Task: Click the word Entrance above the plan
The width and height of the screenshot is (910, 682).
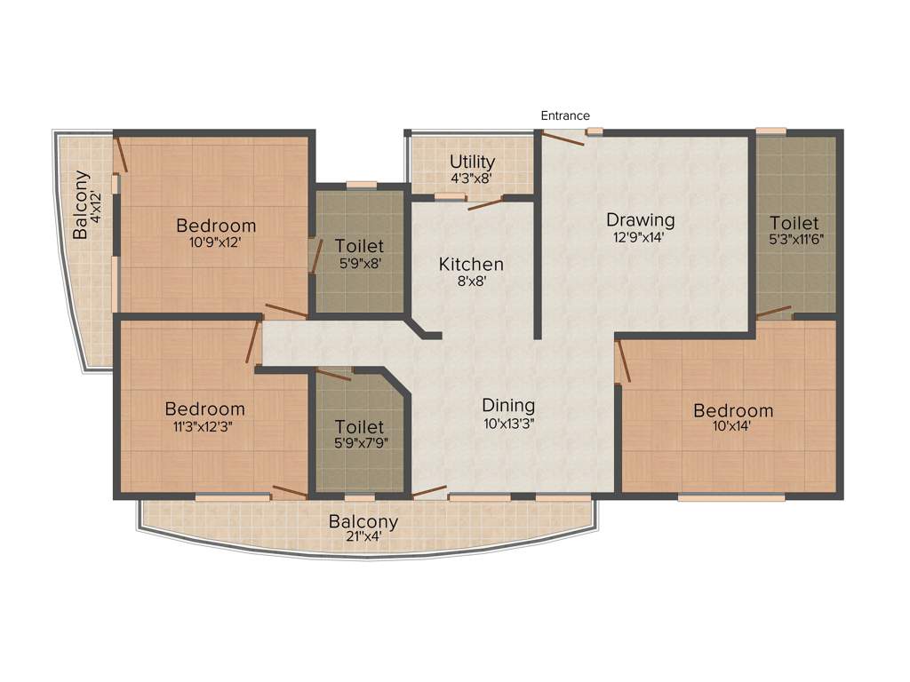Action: tap(565, 115)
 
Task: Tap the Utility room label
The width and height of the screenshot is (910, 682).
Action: tap(472, 162)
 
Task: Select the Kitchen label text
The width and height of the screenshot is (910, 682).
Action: tap(471, 265)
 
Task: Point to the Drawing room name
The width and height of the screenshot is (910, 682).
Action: tap(641, 219)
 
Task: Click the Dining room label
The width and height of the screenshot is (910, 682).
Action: tap(508, 407)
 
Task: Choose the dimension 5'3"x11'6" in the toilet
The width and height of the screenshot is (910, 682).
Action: tap(794, 240)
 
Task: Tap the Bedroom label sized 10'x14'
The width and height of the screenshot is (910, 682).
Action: tap(733, 410)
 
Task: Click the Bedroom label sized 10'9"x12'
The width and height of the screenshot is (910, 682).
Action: tap(216, 226)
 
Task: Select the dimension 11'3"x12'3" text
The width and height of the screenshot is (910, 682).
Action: tap(205, 425)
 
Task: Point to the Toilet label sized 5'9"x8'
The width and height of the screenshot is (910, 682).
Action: tap(359, 245)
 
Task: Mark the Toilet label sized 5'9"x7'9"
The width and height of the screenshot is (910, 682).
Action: tap(359, 427)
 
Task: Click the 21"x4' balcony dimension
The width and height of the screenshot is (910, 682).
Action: tap(363, 536)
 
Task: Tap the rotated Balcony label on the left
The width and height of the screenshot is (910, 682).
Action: tap(81, 204)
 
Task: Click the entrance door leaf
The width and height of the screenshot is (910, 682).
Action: tap(563, 136)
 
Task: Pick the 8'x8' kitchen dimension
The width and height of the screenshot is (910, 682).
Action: tap(471, 282)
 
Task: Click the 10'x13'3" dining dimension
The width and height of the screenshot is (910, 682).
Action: tap(508, 424)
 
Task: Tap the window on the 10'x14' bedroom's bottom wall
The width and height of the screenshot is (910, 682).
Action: tap(730, 498)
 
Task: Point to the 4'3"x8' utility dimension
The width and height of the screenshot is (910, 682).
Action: tap(472, 178)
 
